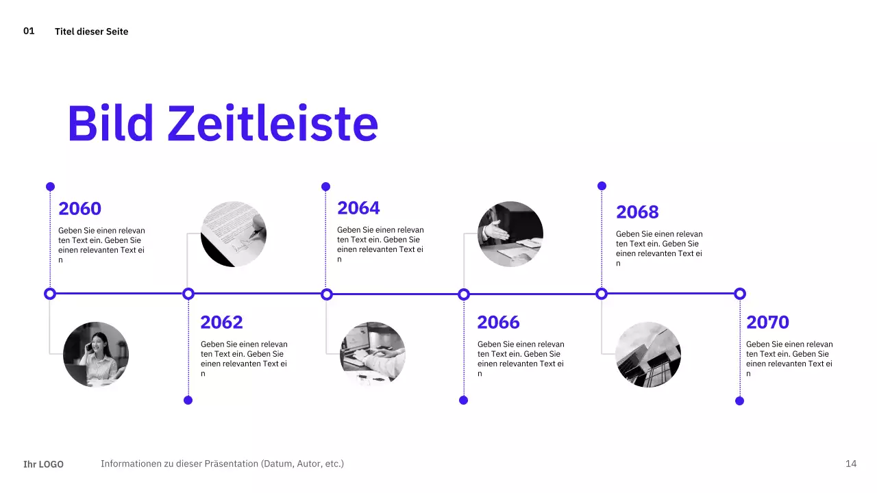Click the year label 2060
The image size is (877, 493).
tap(79, 209)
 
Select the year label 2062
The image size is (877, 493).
tap(221, 322)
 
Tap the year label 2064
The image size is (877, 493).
tap(358, 208)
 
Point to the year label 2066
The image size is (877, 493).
tap(498, 322)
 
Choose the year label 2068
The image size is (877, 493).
tap(637, 212)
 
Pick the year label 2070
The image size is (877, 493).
tap(767, 322)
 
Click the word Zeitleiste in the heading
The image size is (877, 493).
tap(273, 124)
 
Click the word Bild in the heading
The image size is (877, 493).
tap(110, 124)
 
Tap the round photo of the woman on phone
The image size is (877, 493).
tap(96, 354)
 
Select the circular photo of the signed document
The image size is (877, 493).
tap(234, 234)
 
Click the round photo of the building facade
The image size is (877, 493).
tap(648, 354)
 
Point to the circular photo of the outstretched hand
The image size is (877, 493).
tap(510, 234)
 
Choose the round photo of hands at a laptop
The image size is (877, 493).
tap(373, 354)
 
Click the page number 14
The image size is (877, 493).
tap(851, 464)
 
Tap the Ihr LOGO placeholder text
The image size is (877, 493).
tap(43, 464)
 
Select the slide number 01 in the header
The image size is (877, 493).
tap(29, 31)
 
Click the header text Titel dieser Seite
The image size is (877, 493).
tap(91, 31)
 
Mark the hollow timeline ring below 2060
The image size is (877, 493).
tap(49, 294)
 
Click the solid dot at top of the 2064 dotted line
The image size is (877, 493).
tap(326, 186)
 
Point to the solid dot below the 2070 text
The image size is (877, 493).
tap(739, 401)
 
